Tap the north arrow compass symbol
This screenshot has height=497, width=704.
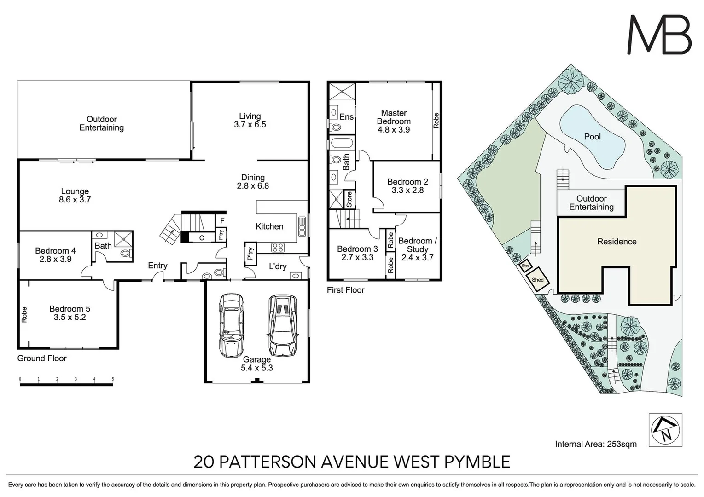665,430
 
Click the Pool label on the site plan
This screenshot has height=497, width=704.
592,137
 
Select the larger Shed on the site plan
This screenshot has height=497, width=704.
537,280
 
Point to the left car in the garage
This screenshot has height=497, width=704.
231,325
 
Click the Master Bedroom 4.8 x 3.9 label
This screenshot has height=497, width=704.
394,121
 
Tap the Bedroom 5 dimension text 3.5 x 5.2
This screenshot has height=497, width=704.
70,317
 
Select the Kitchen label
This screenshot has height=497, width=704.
269,226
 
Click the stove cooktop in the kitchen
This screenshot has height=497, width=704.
278,247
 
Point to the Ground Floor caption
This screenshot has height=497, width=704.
42,358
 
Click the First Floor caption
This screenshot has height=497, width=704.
345,290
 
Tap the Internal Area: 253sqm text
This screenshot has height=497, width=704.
596,444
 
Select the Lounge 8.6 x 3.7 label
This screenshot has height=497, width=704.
75,195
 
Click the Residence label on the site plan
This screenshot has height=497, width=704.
617,242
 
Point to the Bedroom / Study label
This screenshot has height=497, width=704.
418,249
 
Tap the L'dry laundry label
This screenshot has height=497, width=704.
278,266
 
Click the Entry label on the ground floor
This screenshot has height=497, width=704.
157,266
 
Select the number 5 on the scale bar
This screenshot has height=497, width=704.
113,379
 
